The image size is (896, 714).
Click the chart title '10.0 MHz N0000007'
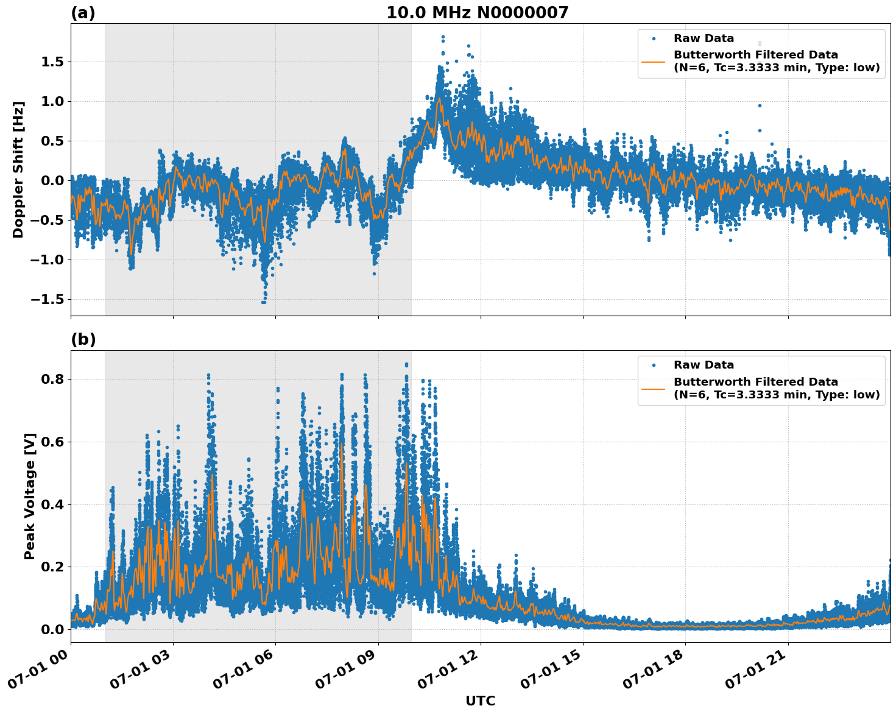[477, 13]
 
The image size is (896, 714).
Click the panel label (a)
[83, 13]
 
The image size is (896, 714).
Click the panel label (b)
[83, 339]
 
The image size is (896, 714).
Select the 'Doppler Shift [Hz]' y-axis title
[18, 169]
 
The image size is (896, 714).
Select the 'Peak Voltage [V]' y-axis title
[30, 496]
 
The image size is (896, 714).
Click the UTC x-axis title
[480, 701]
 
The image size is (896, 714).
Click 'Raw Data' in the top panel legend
[704, 38]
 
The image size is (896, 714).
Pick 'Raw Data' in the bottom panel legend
[704, 365]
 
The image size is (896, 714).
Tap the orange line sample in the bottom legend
[654, 388]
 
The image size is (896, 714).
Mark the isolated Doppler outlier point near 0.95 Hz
[760, 105]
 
